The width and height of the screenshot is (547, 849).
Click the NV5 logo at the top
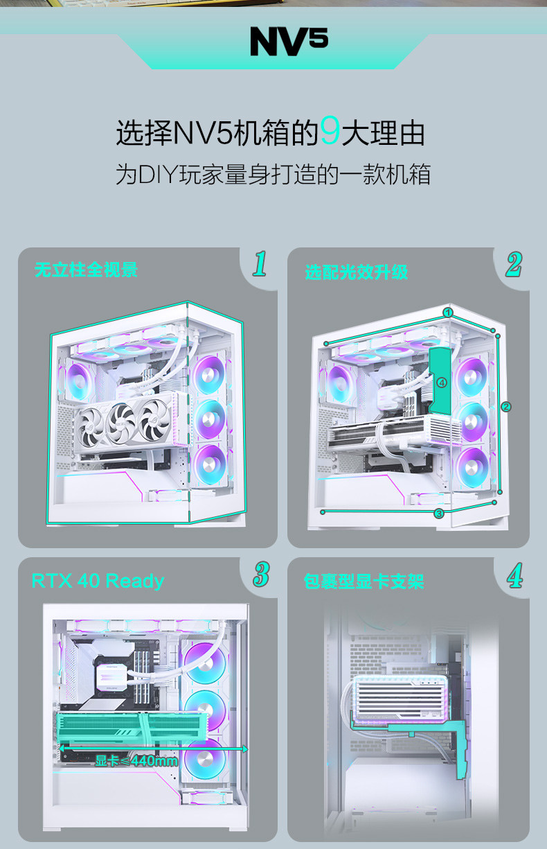(289, 42)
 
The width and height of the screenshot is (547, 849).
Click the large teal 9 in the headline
(330, 132)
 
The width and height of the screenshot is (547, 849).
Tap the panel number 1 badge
(260, 264)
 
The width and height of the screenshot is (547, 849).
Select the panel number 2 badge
(513, 264)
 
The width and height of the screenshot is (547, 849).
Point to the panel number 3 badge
(260, 575)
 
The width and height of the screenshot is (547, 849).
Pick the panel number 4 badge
(514, 575)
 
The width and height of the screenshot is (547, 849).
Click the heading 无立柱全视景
(86, 270)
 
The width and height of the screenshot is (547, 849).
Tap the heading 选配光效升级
(357, 272)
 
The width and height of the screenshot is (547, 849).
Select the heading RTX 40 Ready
(98, 580)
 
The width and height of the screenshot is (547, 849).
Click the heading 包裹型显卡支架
(364, 581)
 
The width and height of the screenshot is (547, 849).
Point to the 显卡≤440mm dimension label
(136, 761)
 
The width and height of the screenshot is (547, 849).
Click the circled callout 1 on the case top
(448, 313)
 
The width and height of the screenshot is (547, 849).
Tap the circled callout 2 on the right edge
(506, 406)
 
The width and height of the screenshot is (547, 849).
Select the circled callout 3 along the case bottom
(438, 514)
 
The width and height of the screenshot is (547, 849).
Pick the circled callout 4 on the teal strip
(442, 382)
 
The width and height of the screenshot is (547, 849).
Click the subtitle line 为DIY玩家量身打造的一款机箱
(273, 174)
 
